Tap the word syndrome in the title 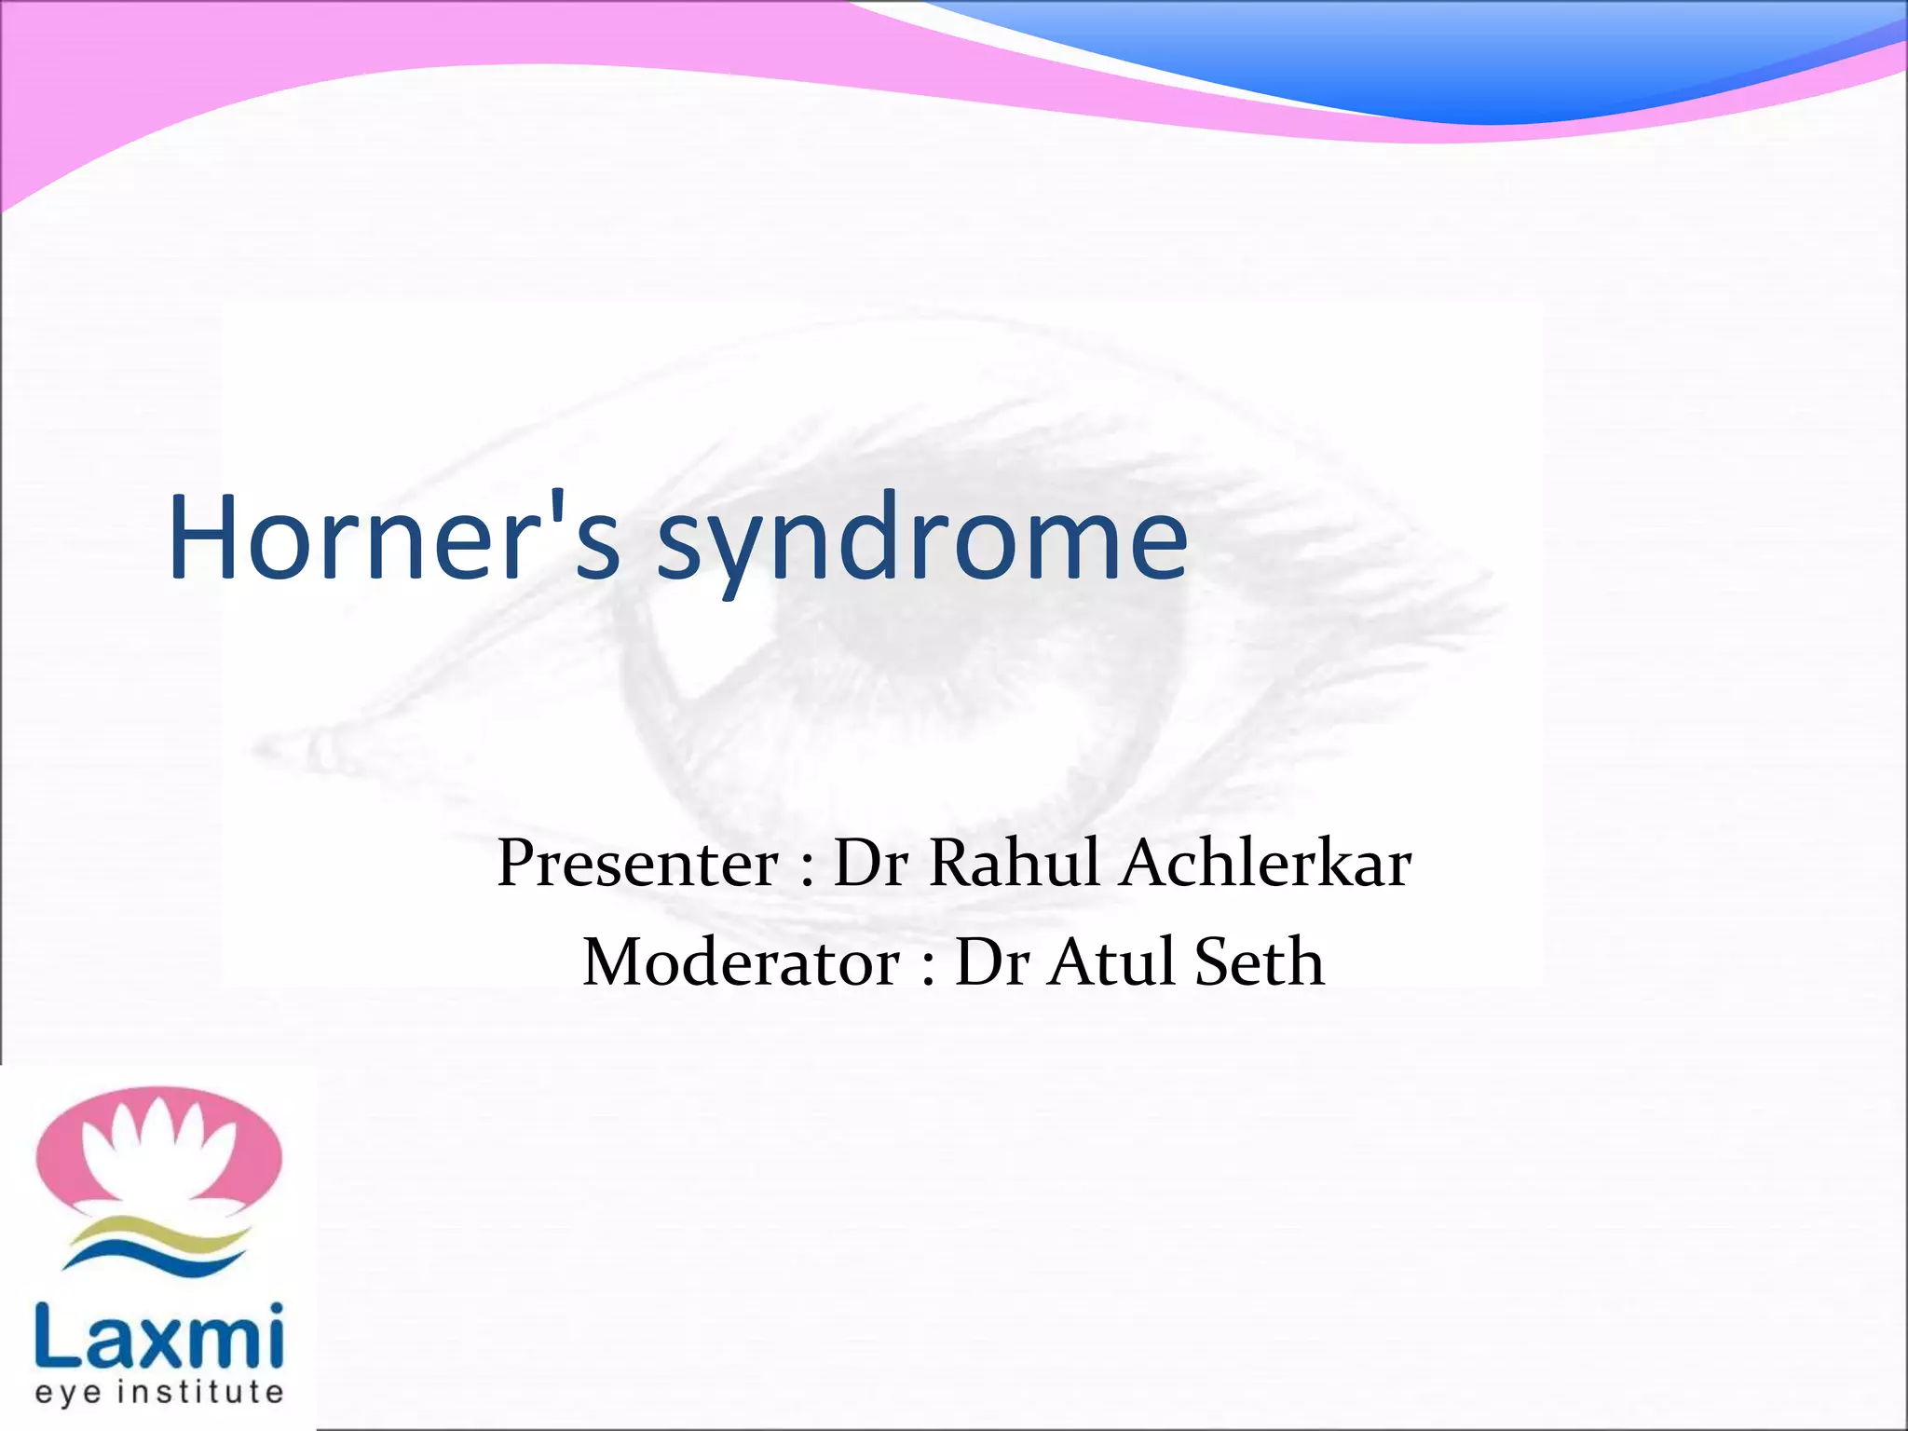tap(922, 545)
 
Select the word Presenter tap(637, 863)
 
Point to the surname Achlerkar tap(1266, 863)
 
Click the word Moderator tap(741, 962)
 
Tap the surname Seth tap(1259, 962)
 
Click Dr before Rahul tap(870, 863)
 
